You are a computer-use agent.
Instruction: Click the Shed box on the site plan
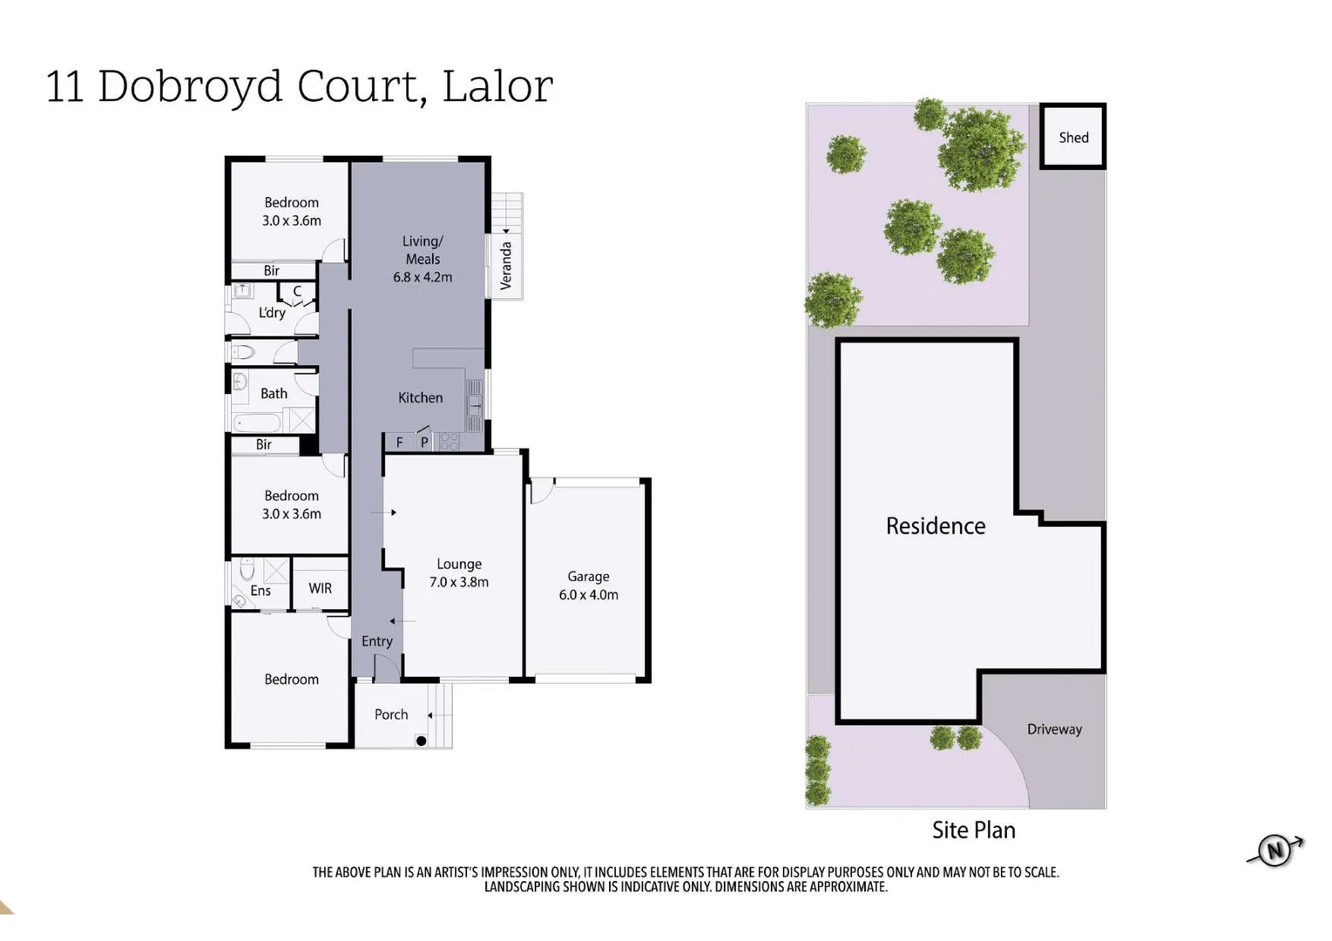click(x=1073, y=137)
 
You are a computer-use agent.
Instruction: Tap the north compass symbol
click(x=1275, y=850)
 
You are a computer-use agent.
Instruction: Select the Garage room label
click(x=588, y=586)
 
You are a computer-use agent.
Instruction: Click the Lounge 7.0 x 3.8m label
click(x=459, y=573)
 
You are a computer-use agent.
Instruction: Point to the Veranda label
click(x=506, y=266)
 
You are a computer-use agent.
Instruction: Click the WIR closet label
click(x=320, y=588)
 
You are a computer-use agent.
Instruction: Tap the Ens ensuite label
click(x=260, y=591)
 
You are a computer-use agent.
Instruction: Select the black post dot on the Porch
click(x=421, y=741)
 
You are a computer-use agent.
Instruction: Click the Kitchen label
click(x=420, y=397)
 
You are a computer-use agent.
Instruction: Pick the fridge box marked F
click(x=399, y=443)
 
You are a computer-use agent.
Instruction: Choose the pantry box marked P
click(x=424, y=443)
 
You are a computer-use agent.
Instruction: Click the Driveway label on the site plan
click(x=1054, y=729)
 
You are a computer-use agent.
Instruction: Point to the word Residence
click(x=936, y=525)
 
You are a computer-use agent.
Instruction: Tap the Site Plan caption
click(x=973, y=829)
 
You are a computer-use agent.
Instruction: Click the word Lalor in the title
click(x=497, y=86)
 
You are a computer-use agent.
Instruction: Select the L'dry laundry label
click(x=272, y=313)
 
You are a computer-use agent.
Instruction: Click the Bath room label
click(x=274, y=394)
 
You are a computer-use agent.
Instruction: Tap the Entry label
click(x=376, y=641)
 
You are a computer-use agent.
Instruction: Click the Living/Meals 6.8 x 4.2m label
click(x=423, y=259)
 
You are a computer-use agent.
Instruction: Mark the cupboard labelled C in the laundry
click(x=297, y=292)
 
